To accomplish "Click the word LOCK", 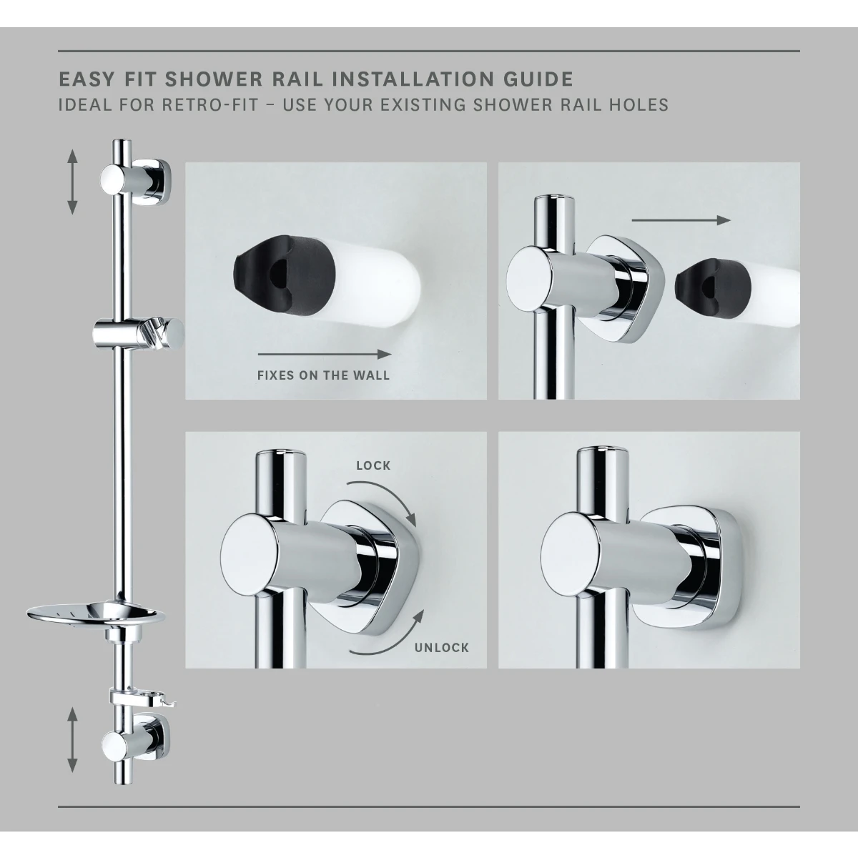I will (373, 465).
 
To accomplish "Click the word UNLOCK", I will (440, 648).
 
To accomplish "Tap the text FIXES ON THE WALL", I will (323, 375).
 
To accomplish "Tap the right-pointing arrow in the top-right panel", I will (681, 220).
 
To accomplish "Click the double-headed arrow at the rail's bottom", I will (72, 739).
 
